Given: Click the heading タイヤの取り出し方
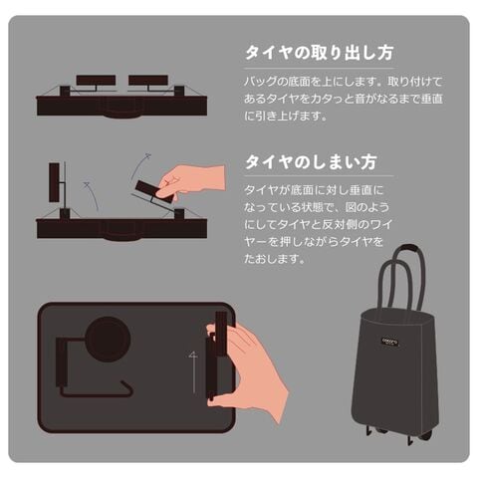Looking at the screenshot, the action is coord(320,53).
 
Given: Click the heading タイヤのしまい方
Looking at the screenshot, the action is coord(311,162).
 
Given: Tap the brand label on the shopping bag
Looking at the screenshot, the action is coord(389,342).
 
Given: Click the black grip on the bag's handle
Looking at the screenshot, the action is coord(409,248).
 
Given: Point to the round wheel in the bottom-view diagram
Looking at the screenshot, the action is coord(108,339).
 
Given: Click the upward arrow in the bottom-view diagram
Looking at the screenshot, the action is coord(193,372).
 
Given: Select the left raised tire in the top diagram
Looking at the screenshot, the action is coord(96,80).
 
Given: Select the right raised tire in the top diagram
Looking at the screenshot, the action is coord(148,80).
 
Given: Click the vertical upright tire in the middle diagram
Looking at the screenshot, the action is coord(54,182).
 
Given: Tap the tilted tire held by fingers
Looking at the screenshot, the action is coord(153,192).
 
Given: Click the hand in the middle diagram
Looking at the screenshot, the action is coord(192,182).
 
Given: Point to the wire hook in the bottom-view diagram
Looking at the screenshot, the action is coord(97,391).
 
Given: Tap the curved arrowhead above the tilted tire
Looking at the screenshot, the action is coord(147,155).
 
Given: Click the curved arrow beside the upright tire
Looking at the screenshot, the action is coord(93,196).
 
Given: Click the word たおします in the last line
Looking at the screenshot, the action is coord(271,259).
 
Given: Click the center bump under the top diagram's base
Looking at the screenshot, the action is coord(122,117).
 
